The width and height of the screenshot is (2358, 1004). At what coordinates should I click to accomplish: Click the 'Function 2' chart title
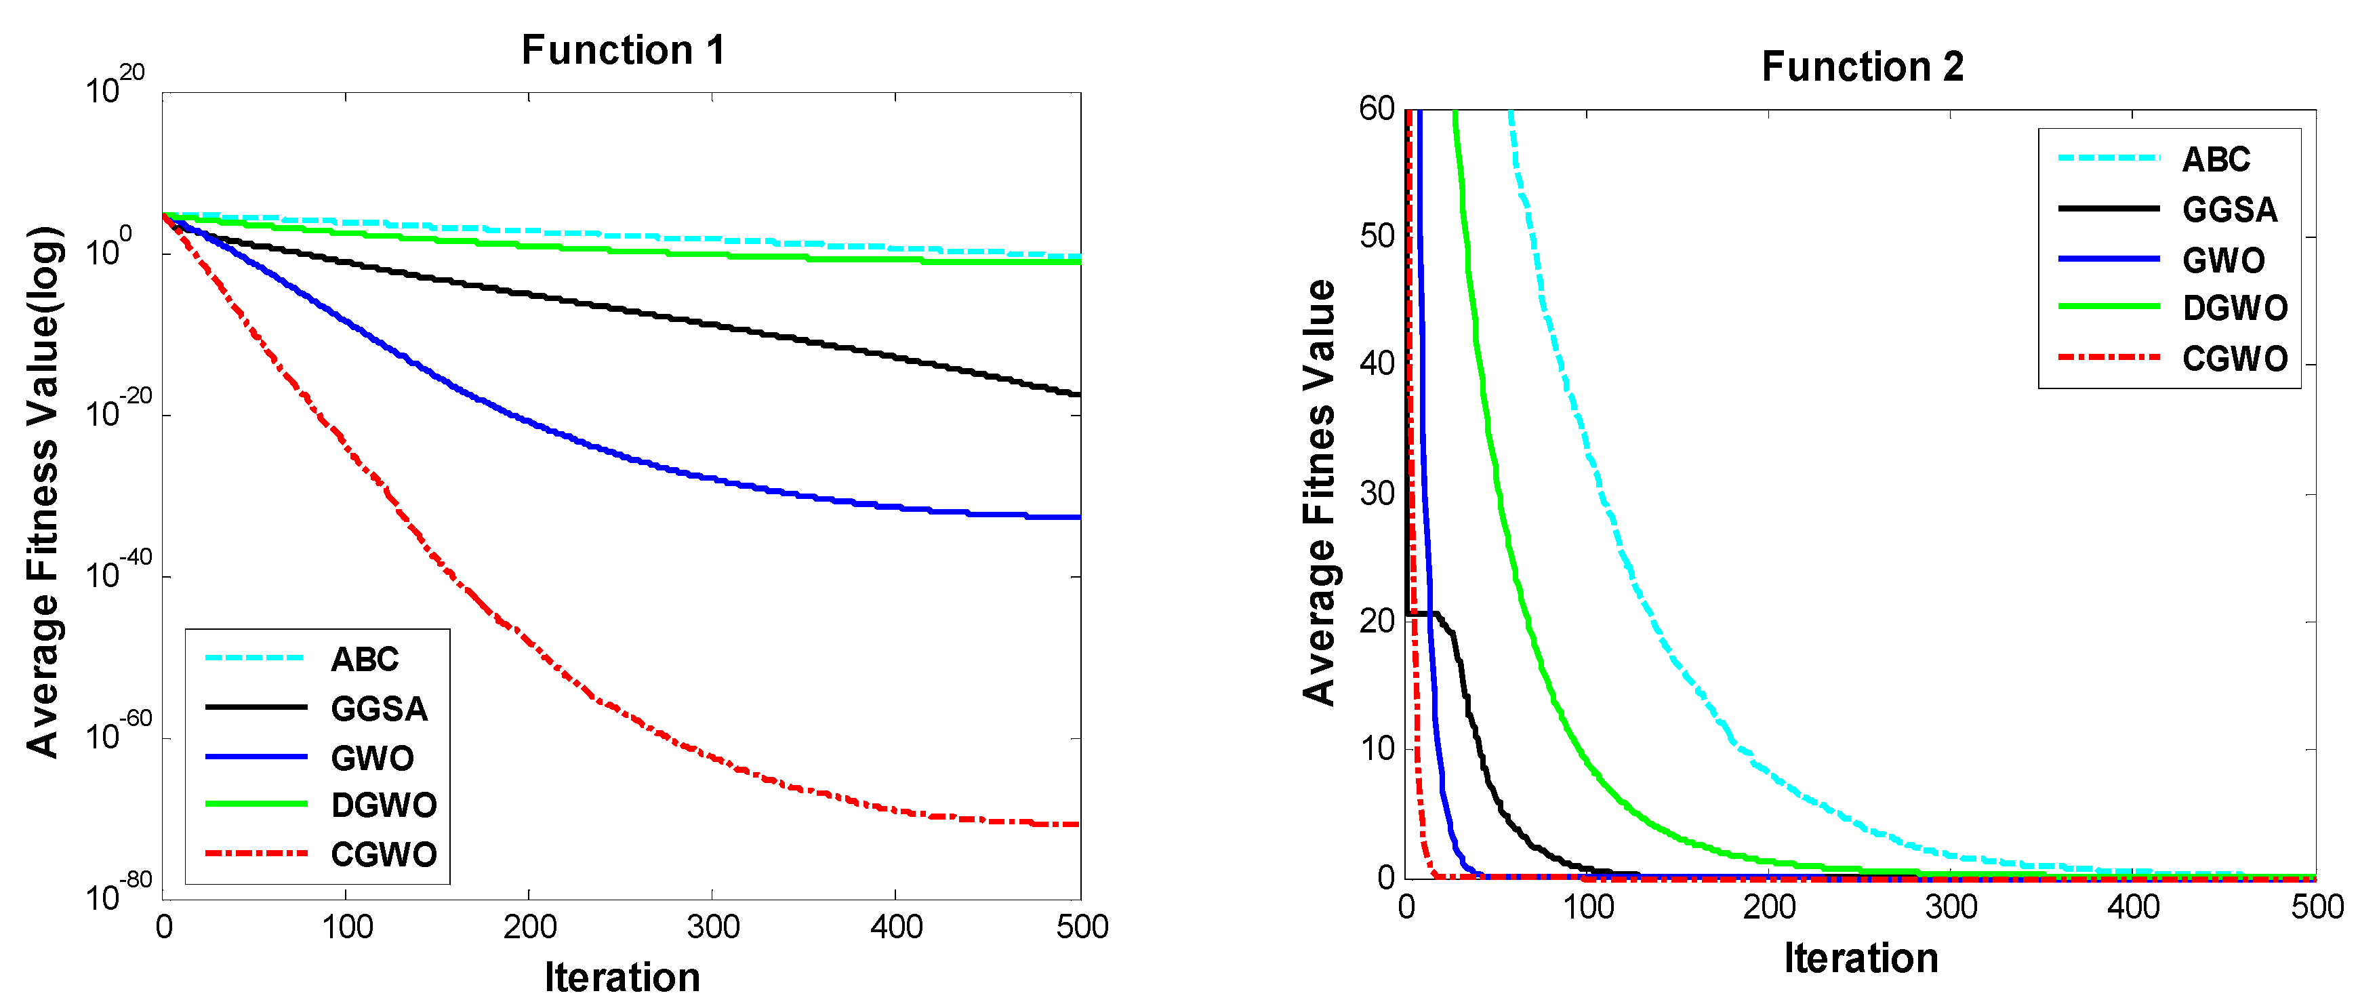point(1862,67)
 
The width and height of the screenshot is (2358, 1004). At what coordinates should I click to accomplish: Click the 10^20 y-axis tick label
point(115,85)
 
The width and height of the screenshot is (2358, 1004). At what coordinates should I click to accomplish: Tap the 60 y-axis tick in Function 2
point(1376,109)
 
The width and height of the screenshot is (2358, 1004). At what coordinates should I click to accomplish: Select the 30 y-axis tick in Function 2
point(1376,494)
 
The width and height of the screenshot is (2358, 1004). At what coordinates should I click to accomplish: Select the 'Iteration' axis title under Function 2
point(1861,958)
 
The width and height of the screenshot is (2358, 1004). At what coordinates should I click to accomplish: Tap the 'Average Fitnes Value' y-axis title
point(1319,492)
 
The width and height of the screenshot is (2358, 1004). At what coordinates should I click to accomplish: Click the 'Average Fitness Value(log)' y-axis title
point(43,492)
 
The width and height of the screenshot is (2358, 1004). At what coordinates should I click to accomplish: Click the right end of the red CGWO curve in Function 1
point(1078,824)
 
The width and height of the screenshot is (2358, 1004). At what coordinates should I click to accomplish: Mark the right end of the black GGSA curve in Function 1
point(1078,395)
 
